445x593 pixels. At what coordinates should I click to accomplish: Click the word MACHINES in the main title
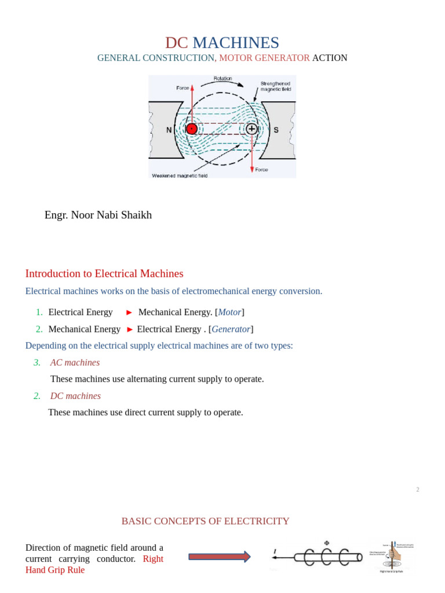236,43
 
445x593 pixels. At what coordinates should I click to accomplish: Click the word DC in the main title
176,43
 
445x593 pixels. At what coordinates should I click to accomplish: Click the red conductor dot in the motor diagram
192,129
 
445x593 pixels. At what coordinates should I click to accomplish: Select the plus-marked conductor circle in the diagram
251,129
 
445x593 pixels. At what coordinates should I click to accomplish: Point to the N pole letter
169,130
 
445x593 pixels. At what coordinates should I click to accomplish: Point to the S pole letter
276,130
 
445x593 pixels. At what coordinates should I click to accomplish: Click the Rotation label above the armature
222,79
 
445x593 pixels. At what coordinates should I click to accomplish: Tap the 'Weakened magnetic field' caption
180,175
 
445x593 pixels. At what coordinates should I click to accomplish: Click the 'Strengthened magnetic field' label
275,86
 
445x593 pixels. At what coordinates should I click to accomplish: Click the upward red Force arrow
192,101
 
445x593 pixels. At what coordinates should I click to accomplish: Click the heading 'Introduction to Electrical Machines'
104,273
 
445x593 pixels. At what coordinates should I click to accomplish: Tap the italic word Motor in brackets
229,312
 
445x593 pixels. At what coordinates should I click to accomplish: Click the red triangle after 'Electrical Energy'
129,312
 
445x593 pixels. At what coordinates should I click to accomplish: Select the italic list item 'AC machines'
75,363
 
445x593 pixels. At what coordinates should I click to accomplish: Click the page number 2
417,490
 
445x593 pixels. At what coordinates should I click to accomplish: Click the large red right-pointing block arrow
219,557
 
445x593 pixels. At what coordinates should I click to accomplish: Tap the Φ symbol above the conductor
327,543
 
